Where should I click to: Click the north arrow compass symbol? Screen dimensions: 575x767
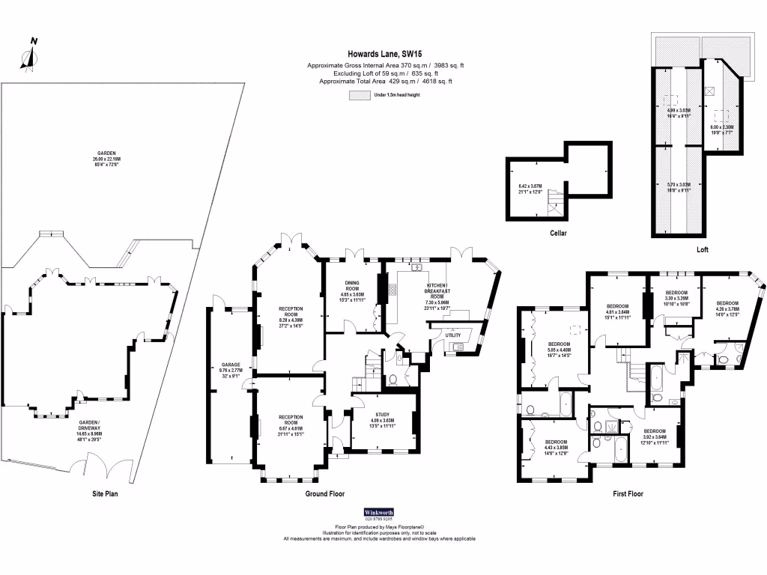click(29, 56)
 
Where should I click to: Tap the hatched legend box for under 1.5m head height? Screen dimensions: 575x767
click(359, 96)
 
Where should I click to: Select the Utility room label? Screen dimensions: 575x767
click(453, 335)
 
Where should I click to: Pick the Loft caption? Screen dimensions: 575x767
click(701, 249)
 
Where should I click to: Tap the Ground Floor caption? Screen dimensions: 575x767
click(324, 493)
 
